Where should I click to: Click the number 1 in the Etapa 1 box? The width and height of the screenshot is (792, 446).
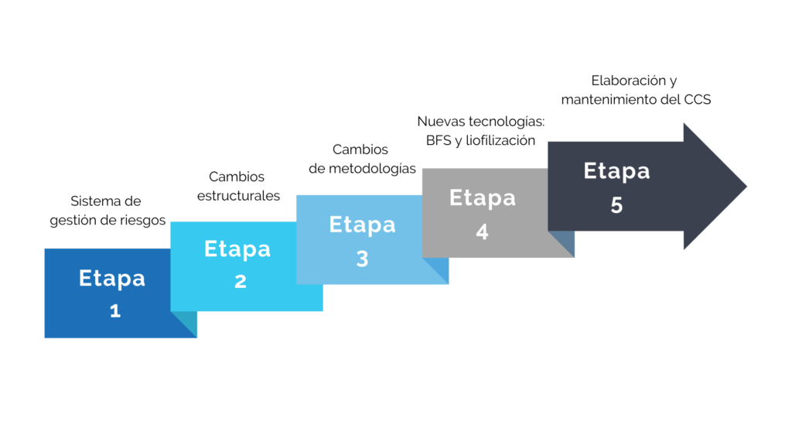pos(115,311)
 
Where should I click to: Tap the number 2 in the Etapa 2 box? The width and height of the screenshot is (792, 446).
pos(241,282)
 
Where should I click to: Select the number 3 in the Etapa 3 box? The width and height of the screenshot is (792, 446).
pos(362,259)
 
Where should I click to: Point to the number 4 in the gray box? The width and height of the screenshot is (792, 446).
pos(482,232)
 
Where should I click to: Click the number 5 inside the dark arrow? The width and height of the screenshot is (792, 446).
pos(616,206)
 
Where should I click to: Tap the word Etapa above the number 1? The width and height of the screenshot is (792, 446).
pos(112,278)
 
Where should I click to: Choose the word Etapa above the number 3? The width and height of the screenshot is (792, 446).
pos(362,225)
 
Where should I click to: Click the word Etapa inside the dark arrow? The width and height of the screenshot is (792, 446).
pos(616,170)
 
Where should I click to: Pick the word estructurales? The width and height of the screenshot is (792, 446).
pos(238,196)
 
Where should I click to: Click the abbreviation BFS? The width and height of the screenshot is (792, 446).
pos(439,140)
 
